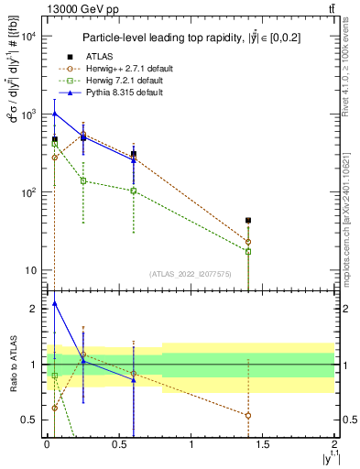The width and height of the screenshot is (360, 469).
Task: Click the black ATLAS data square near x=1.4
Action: tap(248, 221)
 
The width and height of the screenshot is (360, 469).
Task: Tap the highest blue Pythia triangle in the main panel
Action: tap(55, 114)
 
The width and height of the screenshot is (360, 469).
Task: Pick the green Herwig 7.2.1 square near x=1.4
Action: tap(248, 251)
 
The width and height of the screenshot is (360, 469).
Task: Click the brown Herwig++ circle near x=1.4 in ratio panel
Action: tap(248, 415)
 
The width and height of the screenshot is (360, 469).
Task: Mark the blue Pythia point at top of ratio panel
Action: tap(55, 303)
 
